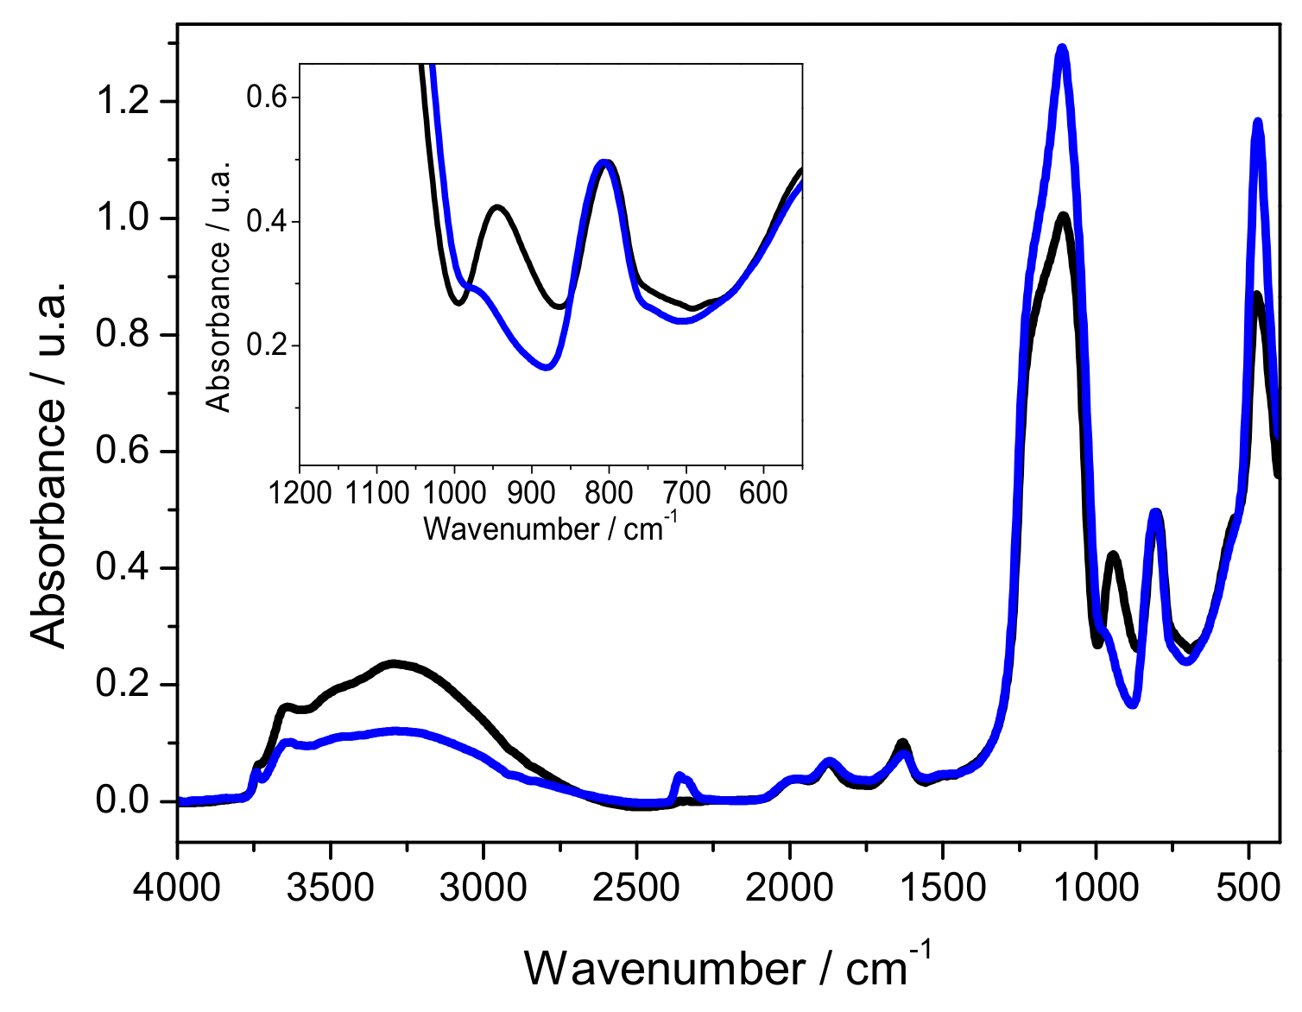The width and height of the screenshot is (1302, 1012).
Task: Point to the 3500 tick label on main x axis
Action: (330, 887)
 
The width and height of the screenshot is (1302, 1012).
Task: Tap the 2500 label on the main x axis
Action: (636, 887)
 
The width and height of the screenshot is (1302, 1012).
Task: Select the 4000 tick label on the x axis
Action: (177, 887)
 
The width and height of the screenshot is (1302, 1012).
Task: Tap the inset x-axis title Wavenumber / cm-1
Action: (550, 526)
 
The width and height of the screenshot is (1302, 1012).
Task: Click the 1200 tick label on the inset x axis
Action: (300, 493)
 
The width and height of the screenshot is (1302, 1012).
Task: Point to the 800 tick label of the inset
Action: (609, 493)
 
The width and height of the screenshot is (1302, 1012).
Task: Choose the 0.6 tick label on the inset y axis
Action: (267, 97)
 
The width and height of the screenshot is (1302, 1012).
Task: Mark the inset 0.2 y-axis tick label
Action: (267, 346)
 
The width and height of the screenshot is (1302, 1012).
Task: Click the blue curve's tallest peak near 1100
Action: (1062, 49)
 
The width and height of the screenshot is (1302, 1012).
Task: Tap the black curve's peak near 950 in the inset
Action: (497, 207)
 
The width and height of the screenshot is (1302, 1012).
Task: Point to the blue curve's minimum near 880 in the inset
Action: (546, 367)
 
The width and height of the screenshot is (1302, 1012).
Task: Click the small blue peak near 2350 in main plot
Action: (679, 775)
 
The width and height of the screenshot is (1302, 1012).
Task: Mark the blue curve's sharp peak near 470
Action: (1257, 123)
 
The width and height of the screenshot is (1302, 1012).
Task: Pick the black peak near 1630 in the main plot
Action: (902, 742)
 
